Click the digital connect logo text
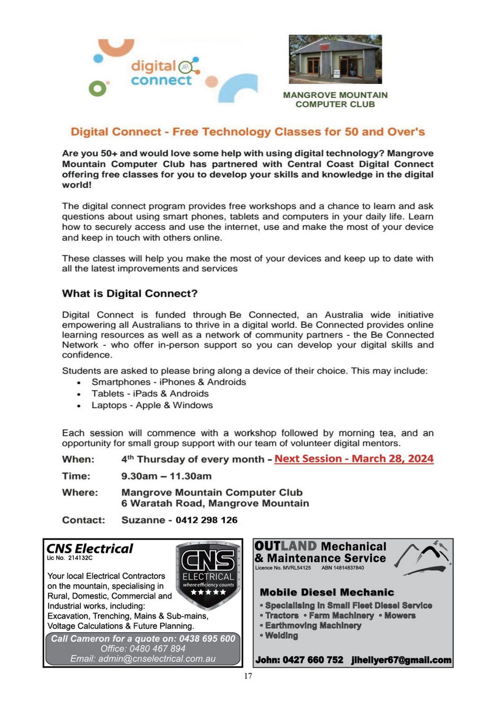point(161,73)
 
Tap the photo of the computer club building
point(335,59)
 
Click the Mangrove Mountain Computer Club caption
point(335,100)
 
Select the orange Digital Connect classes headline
point(248,132)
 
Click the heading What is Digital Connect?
point(130,294)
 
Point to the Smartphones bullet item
point(168,382)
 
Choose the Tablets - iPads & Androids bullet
point(150,394)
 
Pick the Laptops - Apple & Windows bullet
point(152,405)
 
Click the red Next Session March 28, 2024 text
point(354,459)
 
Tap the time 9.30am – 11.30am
point(166,476)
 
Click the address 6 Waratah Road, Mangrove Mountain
point(215,503)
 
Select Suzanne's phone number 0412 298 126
point(206,520)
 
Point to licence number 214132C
point(80,558)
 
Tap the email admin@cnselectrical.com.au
point(143,659)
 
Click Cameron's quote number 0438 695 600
point(207,639)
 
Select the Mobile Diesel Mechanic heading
point(327,592)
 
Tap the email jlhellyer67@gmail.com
point(401,660)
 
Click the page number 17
point(248,676)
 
